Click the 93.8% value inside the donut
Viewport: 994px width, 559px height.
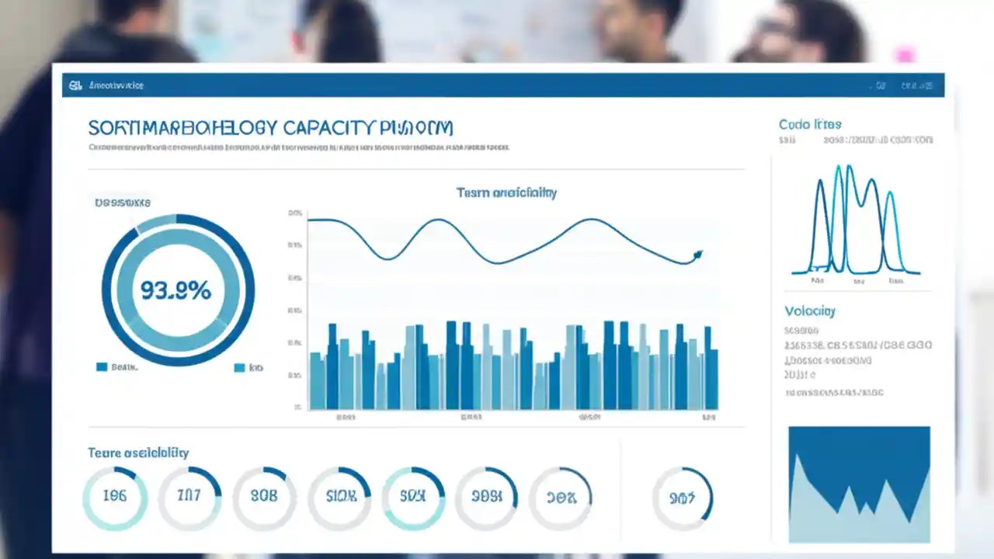[176, 290]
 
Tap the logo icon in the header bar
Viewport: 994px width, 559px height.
[75, 85]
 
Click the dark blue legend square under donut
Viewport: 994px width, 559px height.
[102, 367]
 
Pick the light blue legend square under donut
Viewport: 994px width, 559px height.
[239, 367]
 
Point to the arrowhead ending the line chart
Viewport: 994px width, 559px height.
[697, 254]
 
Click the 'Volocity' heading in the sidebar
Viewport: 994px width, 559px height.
[809, 311]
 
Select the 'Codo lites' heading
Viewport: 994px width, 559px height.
[809, 124]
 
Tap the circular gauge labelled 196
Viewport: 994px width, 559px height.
[115, 497]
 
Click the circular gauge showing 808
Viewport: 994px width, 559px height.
[264, 497]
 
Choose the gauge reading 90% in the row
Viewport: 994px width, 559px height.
[560, 497]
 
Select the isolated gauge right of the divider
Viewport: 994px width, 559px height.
[682, 497]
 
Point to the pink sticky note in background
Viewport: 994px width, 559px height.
[904, 54]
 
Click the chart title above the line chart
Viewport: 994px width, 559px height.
[506, 193]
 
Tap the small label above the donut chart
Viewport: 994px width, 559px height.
[123, 203]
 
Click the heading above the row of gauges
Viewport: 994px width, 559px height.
[138, 453]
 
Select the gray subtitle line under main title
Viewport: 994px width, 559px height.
[298, 147]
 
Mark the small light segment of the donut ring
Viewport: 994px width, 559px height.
[156, 223]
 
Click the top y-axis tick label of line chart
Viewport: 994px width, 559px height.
[294, 213]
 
